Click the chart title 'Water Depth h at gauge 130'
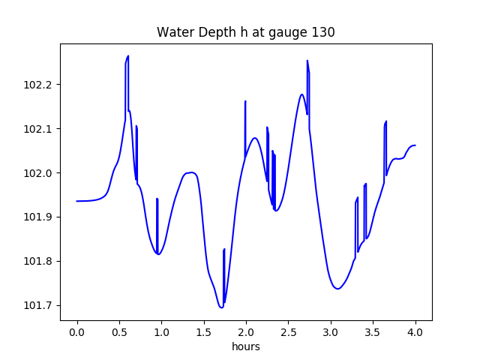pyautogui.click(x=245, y=32)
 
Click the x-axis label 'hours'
pyautogui.click(x=245, y=346)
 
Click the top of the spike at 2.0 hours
pyautogui.click(x=245, y=101)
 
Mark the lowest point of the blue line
pyautogui.click(x=221, y=307)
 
